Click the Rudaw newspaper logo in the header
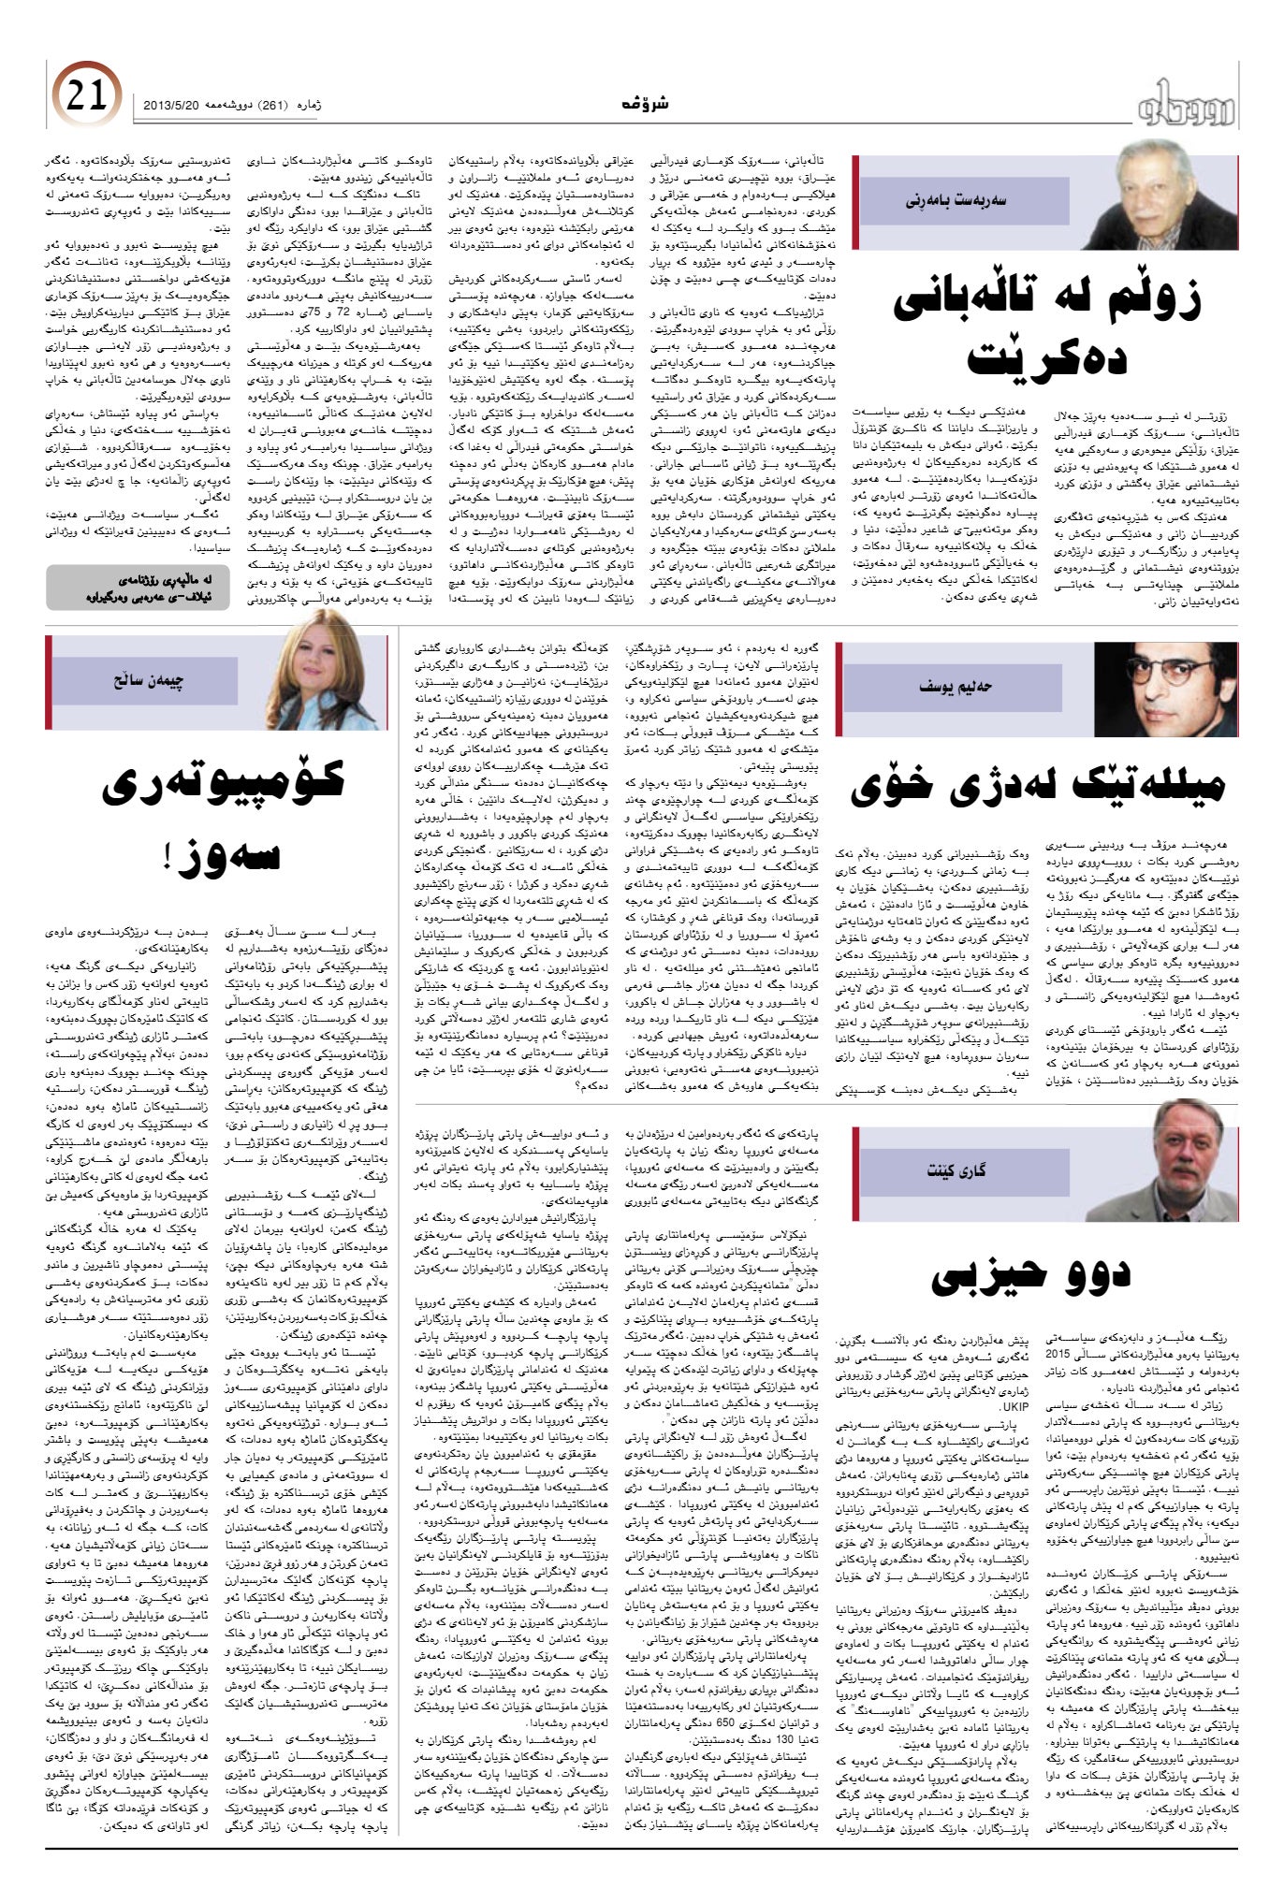(x=1186, y=105)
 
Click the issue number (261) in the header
(x=277, y=106)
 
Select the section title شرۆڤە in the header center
(x=644, y=105)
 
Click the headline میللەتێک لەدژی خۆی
(x=1037, y=784)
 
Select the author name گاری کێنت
(x=956, y=1169)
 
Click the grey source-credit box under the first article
(x=138, y=587)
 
